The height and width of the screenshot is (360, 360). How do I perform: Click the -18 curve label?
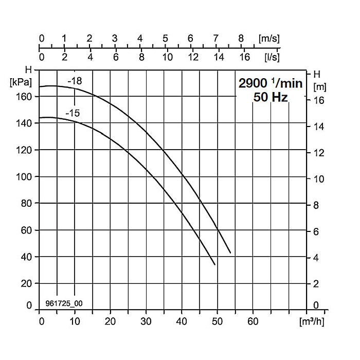[x=75, y=80]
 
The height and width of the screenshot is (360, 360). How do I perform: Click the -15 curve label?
[x=73, y=113]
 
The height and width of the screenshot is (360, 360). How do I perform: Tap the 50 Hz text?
[x=270, y=97]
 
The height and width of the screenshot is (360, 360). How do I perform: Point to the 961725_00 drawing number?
[x=64, y=303]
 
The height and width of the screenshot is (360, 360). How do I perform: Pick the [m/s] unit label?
[x=268, y=39]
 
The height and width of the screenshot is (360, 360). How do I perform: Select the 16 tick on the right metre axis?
[x=319, y=100]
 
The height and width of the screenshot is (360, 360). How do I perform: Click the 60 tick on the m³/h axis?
[x=253, y=322]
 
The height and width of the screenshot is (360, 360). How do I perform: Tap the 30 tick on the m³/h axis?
[x=147, y=322]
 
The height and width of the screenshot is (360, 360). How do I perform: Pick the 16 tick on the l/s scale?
[x=244, y=57]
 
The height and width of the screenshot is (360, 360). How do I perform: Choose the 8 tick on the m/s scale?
[x=241, y=39]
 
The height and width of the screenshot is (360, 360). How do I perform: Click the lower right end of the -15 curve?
[x=215, y=264]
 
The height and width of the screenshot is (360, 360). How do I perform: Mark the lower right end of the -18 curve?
[x=230, y=253]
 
